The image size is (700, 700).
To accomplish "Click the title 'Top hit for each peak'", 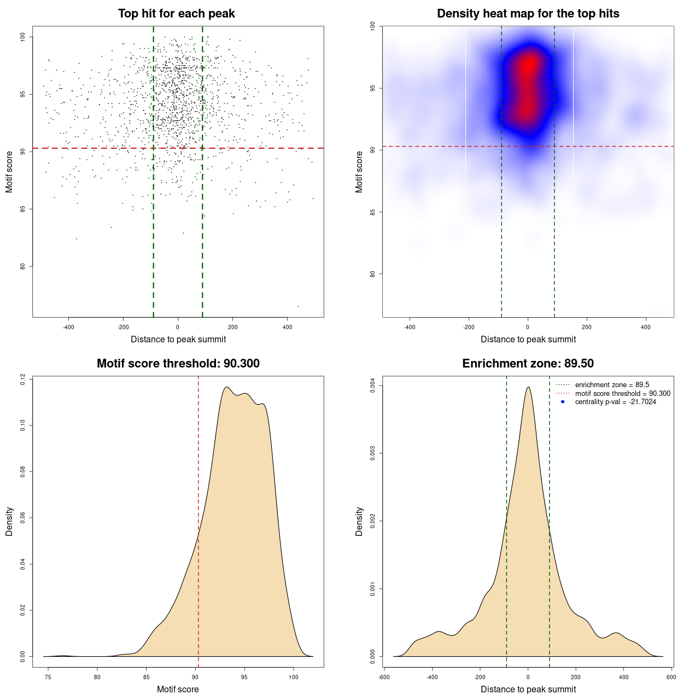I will coord(177,14).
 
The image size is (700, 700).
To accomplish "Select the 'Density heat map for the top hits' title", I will coord(528,14).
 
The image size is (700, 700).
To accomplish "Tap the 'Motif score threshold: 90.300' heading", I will coord(178,364).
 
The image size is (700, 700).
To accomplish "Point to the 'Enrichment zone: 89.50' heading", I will coord(528,364).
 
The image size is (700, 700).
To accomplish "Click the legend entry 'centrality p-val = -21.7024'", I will coord(615,402).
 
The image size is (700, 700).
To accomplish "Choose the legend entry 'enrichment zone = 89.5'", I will coord(612,385).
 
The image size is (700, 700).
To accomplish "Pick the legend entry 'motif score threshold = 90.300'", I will coord(622,394).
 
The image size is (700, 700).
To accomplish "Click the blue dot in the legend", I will coord(563,402).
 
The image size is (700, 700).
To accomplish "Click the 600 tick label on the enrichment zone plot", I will coord(671,677).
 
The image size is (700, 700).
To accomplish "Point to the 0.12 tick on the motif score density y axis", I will coord(23,379).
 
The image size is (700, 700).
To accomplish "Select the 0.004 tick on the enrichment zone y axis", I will coord(373,386).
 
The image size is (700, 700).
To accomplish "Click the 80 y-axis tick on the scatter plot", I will coord(23,266).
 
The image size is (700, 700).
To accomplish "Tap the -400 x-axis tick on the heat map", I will coord(410,327).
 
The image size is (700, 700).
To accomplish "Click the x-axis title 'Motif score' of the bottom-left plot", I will coord(178,689).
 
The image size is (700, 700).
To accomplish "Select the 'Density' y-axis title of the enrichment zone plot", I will coord(359,521).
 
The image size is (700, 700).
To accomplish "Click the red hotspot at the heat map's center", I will coord(528,66).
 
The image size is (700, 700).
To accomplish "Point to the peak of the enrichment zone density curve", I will coord(528,388).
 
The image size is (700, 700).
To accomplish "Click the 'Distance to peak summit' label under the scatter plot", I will coord(178,339).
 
